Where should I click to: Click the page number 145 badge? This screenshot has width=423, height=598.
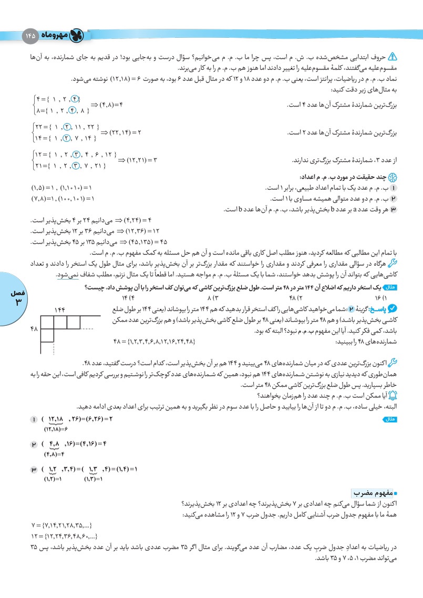tap(29, 36)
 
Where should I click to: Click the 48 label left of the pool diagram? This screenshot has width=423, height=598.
tap(34, 328)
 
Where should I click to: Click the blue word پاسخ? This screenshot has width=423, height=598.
tap(376, 310)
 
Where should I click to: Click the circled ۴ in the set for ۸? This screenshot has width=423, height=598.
tap(74, 110)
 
